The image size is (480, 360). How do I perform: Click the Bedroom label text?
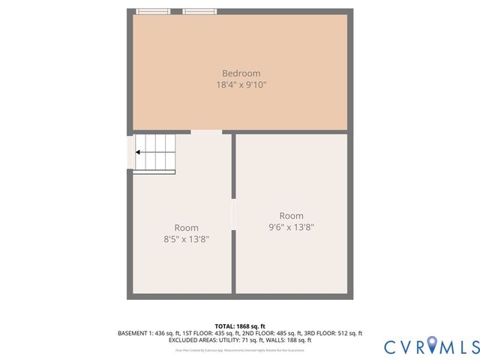coord(241,73)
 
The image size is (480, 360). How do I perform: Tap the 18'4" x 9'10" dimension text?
coord(241,85)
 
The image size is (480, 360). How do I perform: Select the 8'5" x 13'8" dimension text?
coord(186,239)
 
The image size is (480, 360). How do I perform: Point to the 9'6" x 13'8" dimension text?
coord(291,227)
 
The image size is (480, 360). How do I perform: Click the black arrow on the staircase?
coord(139,152)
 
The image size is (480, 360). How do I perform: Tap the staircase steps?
coord(155,154)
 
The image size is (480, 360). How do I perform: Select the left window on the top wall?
coord(153,11)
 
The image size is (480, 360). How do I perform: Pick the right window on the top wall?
coord(199,11)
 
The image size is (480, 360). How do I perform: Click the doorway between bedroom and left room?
coord(206,132)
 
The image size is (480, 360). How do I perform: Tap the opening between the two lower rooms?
coord(234,214)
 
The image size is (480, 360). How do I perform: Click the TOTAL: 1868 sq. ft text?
coord(240,326)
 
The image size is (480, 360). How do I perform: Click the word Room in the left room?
coord(186,228)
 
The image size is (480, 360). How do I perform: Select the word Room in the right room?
coord(291,216)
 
